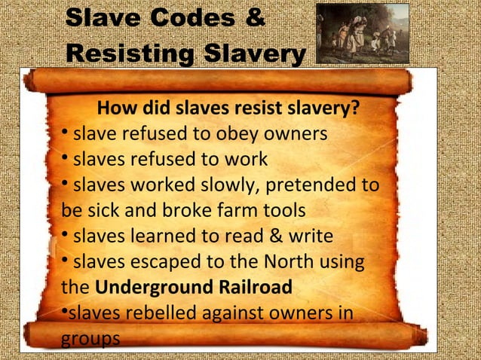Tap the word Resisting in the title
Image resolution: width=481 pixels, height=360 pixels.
pyautogui.click(x=127, y=55)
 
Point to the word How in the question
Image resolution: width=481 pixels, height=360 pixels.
pyautogui.click(x=116, y=110)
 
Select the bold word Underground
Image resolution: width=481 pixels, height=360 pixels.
pyautogui.click(x=141, y=288)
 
